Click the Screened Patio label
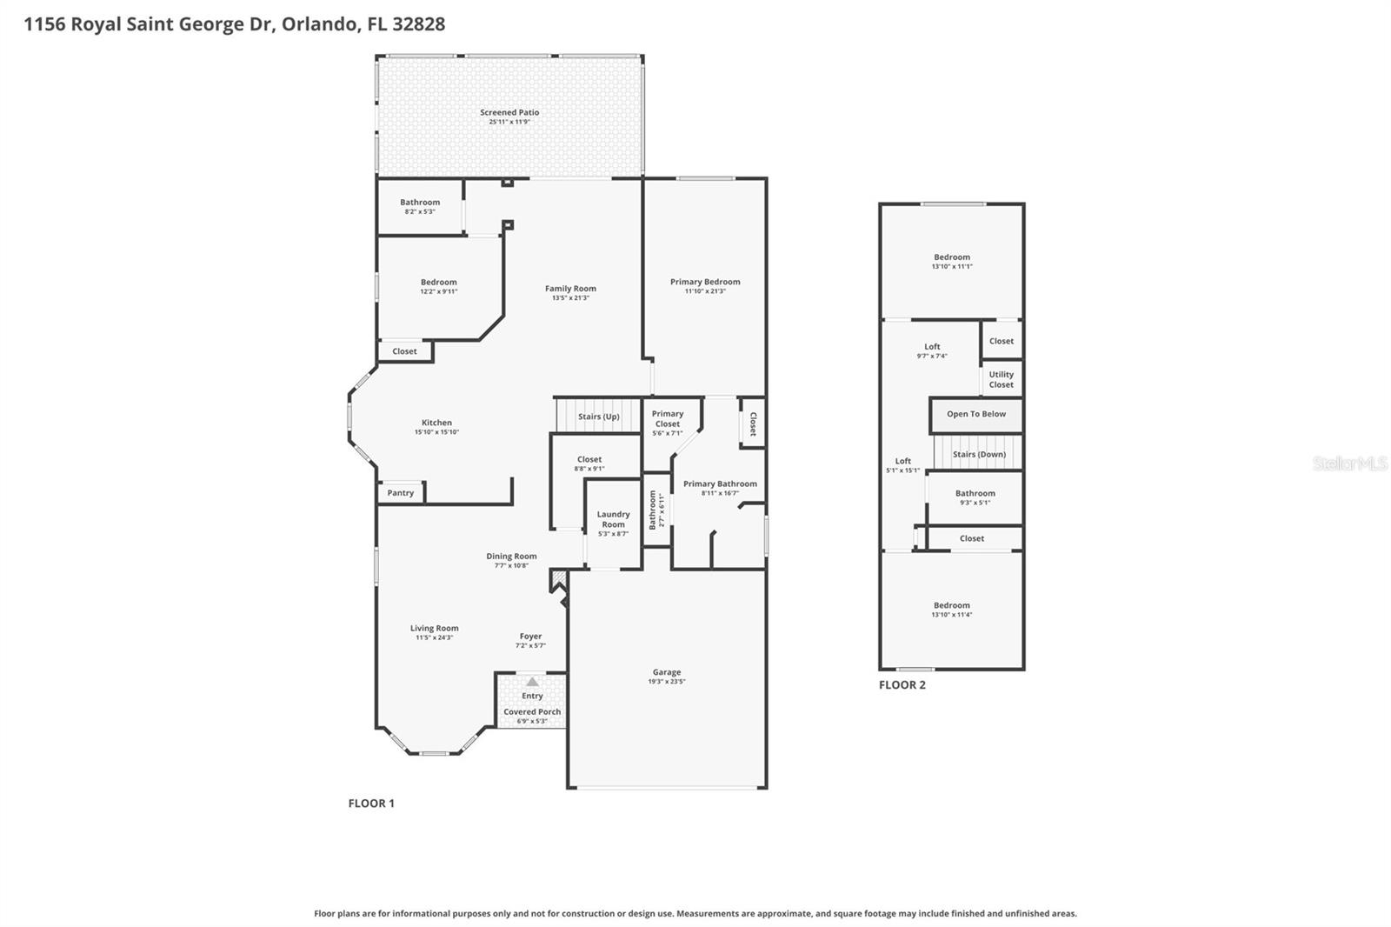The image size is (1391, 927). (x=509, y=112)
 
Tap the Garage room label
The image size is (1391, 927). (x=667, y=672)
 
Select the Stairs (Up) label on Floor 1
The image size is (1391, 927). (x=599, y=417)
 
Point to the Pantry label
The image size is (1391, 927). (x=401, y=493)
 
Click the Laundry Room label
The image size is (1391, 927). (x=613, y=519)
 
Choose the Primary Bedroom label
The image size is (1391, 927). (x=705, y=282)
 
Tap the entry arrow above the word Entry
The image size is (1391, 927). (x=532, y=682)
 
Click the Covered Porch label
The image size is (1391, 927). (x=532, y=711)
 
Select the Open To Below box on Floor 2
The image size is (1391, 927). (x=976, y=415)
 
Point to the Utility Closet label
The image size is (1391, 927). (x=1001, y=379)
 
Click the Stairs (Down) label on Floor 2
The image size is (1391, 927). (x=979, y=454)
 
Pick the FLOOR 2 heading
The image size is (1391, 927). (x=902, y=685)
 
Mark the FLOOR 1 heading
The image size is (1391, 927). (x=371, y=804)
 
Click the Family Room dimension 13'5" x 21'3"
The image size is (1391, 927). (x=570, y=298)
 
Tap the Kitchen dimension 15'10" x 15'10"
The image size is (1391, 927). (x=436, y=432)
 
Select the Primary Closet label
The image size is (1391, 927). (x=668, y=419)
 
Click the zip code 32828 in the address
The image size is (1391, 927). (x=418, y=24)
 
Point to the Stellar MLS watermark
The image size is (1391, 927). (x=1349, y=463)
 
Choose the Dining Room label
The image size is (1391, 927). (x=511, y=557)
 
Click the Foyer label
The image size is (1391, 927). (x=530, y=637)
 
